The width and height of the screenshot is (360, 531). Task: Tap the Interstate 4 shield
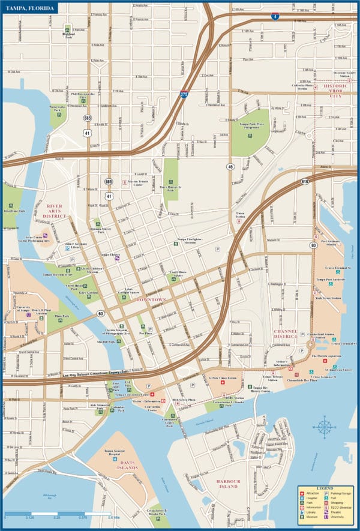275,17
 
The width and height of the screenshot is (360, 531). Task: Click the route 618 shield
305,181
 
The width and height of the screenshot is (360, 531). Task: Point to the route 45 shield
230,166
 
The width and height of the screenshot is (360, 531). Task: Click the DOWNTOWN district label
151,299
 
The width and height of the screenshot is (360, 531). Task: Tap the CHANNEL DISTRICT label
286,334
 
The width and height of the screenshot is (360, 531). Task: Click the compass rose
325,427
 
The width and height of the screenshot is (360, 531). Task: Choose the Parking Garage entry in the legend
340,493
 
